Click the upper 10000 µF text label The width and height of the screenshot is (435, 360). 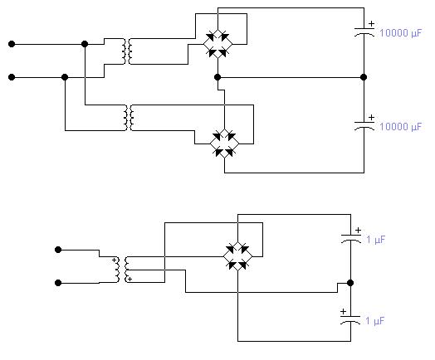click(400, 33)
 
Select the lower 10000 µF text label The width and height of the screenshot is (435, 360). click(400, 127)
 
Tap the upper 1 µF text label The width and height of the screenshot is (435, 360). click(376, 240)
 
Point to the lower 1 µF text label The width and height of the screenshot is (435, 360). click(375, 321)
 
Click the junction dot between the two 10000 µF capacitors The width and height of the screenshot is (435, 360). click(364, 77)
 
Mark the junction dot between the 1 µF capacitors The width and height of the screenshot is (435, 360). click(350, 283)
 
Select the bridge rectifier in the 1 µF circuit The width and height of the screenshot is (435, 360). click(237, 256)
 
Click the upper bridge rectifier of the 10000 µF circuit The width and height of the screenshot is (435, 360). click(217, 44)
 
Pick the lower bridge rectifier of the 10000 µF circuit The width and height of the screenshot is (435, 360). click(224, 144)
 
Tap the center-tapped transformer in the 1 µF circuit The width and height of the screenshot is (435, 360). click(122, 270)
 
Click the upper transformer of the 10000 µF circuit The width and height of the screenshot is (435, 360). click(127, 51)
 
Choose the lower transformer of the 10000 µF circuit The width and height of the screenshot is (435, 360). click(129, 118)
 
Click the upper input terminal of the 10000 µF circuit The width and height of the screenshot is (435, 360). click(12, 44)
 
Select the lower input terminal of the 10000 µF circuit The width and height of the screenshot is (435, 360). click(12, 77)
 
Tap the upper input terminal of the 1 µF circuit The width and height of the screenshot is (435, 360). click(58, 250)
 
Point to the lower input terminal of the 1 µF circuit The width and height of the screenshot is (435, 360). click(58, 283)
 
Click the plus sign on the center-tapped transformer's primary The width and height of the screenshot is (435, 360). click(114, 260)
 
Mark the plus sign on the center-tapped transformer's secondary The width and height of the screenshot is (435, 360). click(130, 279)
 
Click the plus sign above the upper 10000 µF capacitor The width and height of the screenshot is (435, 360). click(371, 24)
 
